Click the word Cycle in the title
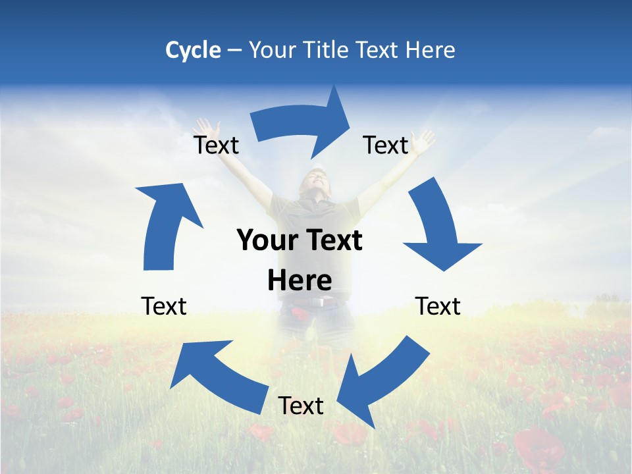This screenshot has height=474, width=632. [193, 50]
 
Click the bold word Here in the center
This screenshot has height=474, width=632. [300, 281]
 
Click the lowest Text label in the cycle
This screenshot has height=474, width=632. [301, 406]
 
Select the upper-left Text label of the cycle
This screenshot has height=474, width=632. [216, 145]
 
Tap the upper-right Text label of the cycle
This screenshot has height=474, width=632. [386, 145]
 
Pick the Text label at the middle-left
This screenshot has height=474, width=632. [164, 306]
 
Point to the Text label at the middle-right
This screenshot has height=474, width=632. [438, 306]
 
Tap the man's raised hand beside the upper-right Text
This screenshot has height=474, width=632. [423, 140]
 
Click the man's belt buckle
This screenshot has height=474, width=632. [322, 303]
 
